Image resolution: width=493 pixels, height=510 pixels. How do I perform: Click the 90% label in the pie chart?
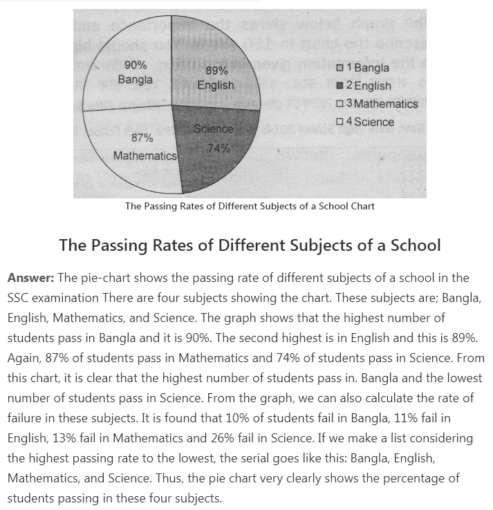136,65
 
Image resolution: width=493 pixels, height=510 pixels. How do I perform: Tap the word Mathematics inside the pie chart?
145,155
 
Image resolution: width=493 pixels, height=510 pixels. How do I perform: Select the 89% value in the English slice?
216,70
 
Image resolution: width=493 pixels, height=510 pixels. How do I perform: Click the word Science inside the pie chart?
213,129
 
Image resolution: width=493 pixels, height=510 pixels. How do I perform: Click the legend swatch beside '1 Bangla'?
339,68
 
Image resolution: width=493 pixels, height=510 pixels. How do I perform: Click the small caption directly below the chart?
250,206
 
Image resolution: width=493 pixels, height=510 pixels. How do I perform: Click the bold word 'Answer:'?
30,278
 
